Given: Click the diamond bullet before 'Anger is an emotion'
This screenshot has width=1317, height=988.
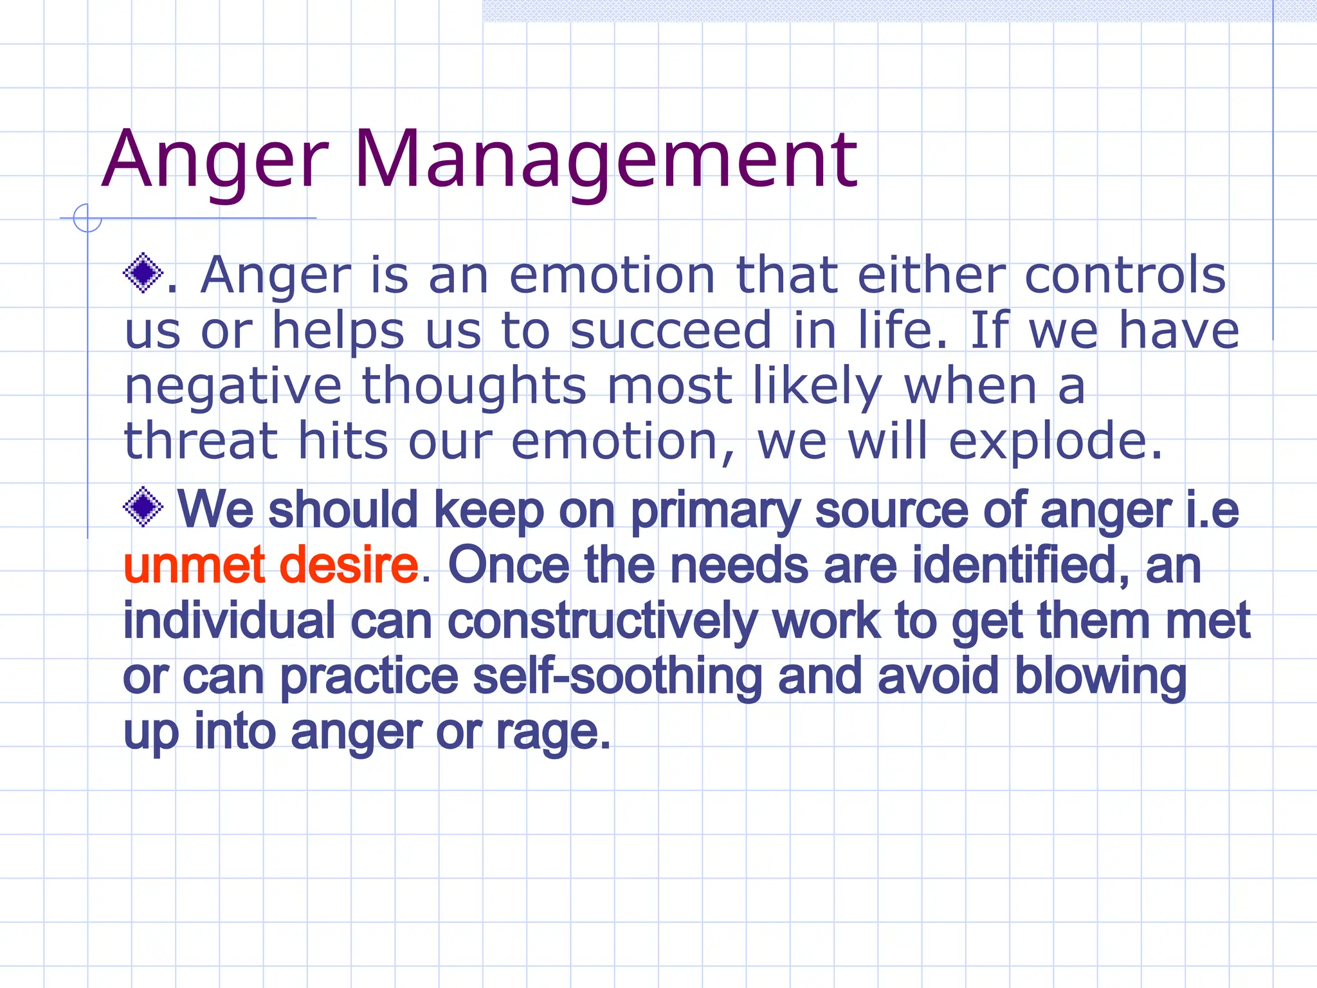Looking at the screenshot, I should click(143, 273).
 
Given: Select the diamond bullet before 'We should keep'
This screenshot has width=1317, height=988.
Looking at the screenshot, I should click(143, 506).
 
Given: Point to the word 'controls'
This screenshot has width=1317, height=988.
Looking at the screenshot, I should click(1125, 275).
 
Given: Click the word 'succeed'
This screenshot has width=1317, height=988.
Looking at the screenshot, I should click(670, 331).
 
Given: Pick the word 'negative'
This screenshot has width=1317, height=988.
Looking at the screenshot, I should click(233, 387).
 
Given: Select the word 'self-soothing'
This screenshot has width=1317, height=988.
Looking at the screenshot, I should click(617, 677).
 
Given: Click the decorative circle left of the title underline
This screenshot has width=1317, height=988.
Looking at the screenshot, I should click(87, 218).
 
